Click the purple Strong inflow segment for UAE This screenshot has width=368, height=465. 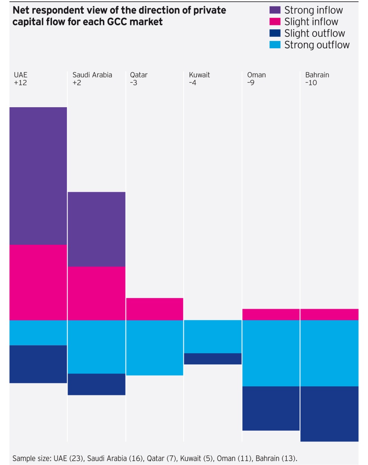point(38,176)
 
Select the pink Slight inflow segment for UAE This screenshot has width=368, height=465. point(38,282)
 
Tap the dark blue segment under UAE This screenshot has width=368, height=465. point(38,364)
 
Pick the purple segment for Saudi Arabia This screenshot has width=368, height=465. point(96,229)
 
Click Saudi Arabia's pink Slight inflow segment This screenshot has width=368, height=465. point(96,293)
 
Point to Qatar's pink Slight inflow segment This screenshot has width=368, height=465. point(155,309)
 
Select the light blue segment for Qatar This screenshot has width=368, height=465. point(155,347)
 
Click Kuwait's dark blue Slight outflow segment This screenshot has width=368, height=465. point(213,359)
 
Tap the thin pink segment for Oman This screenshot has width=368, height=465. point(271,314)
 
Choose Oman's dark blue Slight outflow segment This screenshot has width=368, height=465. point(271,408)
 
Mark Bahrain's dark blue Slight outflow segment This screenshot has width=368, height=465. point(329,414)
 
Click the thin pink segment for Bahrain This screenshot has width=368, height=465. point(329,314)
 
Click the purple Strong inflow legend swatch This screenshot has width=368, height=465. point(275,10)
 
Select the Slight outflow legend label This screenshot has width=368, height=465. point(314,33)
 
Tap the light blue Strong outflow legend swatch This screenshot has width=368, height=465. point(275,45)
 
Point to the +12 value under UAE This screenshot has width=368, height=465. point(20,83)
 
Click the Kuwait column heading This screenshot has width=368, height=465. point(199,75)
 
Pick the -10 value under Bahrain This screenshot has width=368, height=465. point(311,83)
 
